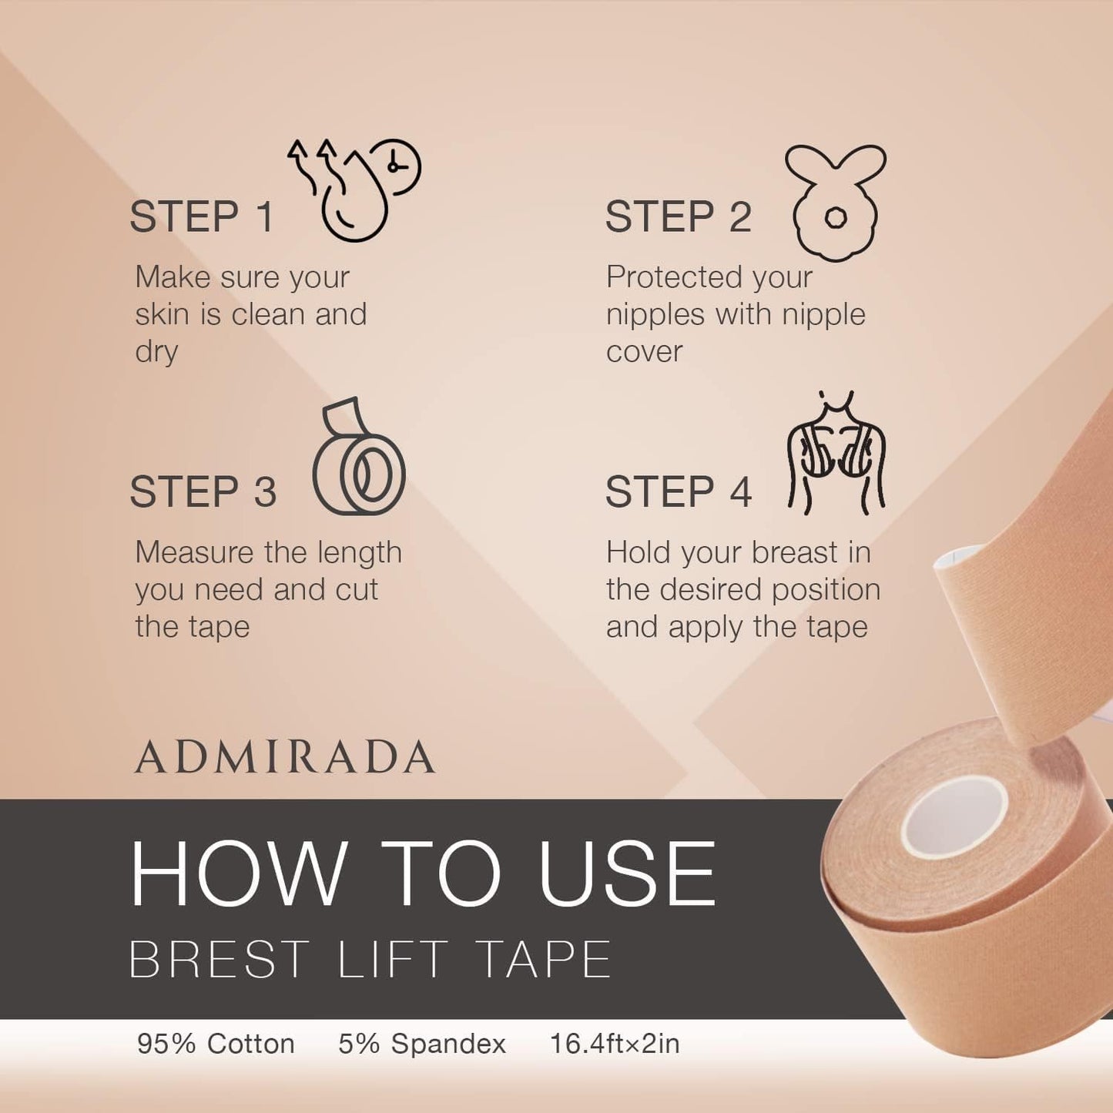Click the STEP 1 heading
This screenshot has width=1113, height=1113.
coord(201,217)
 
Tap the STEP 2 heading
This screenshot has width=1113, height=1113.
coord(678,217)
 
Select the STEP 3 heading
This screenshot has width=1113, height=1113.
coord(203,492)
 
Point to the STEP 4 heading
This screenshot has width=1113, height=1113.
coord(678,492)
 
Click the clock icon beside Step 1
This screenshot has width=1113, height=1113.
coord(396,166)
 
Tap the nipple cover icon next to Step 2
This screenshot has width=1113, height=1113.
coord(836,203)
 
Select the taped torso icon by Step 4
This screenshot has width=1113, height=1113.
coord(836,453)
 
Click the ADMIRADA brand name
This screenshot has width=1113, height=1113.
coord(284,756)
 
